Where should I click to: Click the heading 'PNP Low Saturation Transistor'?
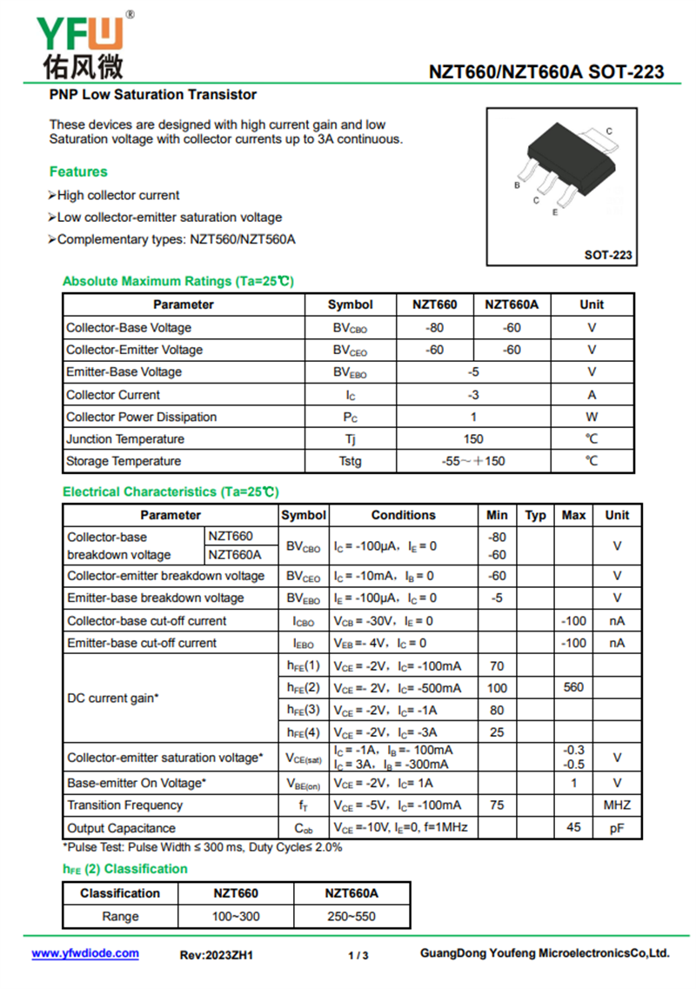(x=153, y=94)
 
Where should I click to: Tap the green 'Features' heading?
(x=78, y=171)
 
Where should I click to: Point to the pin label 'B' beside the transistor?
(x=517, y=185)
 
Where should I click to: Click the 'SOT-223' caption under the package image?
(x=608, y=255)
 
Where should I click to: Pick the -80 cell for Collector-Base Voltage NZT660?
(x=434, y=328)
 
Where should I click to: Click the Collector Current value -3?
(x=473, y=394)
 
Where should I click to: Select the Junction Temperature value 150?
(x=473, y=438)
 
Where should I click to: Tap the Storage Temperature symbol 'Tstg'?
(x=350, y=461)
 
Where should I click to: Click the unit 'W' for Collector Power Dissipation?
(x=592, y=417)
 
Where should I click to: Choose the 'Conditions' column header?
(x=403, y=515)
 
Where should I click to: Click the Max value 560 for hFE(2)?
(x=573, y=687)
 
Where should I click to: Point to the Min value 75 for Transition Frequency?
(x=497, y=805)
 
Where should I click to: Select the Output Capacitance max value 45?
(x=573, y=827)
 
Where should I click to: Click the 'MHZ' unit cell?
(x=617, y=805)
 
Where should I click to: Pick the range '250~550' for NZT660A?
(x=351, y=916)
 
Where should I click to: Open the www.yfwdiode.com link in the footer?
(x=85, y=953)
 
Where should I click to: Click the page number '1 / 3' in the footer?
(x=358, y=956)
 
